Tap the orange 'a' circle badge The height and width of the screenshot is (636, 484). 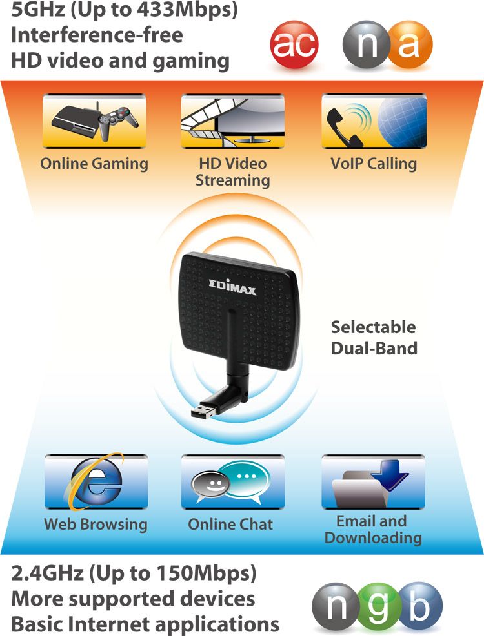click(x=410, y=44)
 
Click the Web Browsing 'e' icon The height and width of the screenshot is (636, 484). click(x=95, y=482)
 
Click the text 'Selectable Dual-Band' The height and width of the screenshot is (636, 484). click(x=374, y=337)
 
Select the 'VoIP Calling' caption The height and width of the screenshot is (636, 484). click(x=373, y=163)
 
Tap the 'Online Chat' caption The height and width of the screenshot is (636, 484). click(x=230, y=524)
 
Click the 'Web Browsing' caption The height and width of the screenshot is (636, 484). click(x=96, y=524)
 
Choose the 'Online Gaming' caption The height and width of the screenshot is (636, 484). click(x=94, y=163)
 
